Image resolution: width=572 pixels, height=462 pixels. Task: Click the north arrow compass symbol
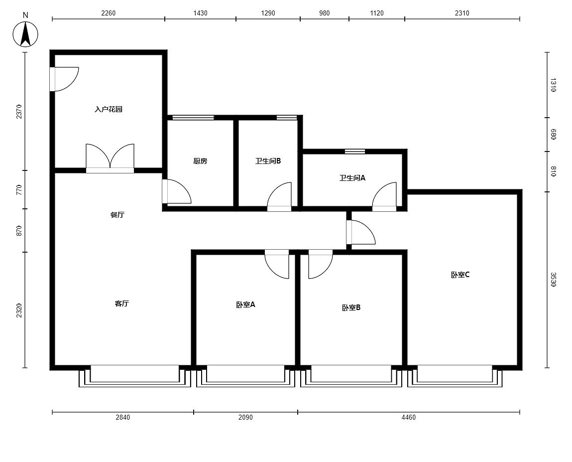pyautogui.click(x=25, y=34)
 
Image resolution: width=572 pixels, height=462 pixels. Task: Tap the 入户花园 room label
pyautogui.click(x=109, y=109)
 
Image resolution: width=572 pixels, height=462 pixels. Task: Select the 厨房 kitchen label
pyautogui.click(x=200, y=161)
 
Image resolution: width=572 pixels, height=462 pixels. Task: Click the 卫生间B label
pyautogui.click(x=268, y=161)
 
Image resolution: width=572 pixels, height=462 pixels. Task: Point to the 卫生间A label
pyautogui.click(x=352, y=178)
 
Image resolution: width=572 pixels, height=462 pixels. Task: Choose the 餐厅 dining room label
pyautogui.click(x=117, y=215)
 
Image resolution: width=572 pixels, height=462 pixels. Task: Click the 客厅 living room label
pyautogui.click(x=122, y=304)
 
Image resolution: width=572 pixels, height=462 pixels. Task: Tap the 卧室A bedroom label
pyautogui.click(x=245, y=305)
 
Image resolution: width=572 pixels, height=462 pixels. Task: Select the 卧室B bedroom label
pyautogui.click(x=351, y=308)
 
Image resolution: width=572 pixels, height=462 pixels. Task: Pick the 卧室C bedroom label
pyautogui.click(x=460, y=275)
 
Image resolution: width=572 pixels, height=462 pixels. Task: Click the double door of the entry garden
pyautogui.click(x=110, y=158)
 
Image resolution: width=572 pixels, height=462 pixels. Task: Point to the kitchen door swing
pyautogui.click(x=177, y=191)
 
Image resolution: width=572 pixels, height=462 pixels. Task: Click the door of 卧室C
pyautogui.click(x=360, y=232)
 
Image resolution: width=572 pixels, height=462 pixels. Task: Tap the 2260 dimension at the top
pyautogui.click(x=109, y=13)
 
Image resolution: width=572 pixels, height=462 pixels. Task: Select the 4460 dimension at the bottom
pyautogui.click(x=409, y=417)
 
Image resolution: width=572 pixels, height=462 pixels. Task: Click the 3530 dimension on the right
pyautogui.click(x=553, y=280)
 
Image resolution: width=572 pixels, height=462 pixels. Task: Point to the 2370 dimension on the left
pyautogui.click(x=19, y=112)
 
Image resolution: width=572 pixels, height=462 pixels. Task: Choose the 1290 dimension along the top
pyautogui.click(x=268, y=13)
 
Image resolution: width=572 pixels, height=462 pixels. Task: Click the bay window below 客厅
pyautogui.click(x=135, y=376)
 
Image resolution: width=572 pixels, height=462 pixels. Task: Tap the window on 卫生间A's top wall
pyautogui.click(x=355, y=151)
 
